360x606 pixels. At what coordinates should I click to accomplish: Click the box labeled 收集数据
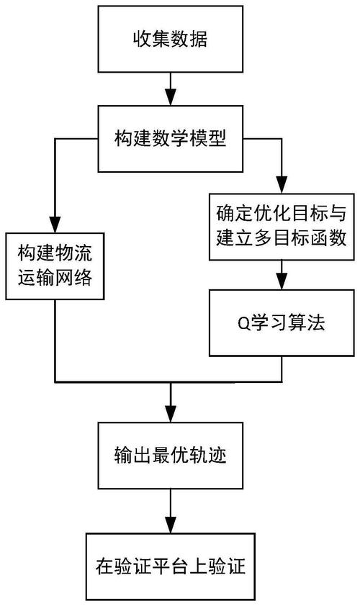171,40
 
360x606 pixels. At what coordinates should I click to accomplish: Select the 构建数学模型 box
171,139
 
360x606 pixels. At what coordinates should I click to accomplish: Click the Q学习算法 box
281,323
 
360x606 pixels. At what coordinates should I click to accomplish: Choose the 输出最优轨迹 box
171,456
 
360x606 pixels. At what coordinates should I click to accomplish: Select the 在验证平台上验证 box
171,566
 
